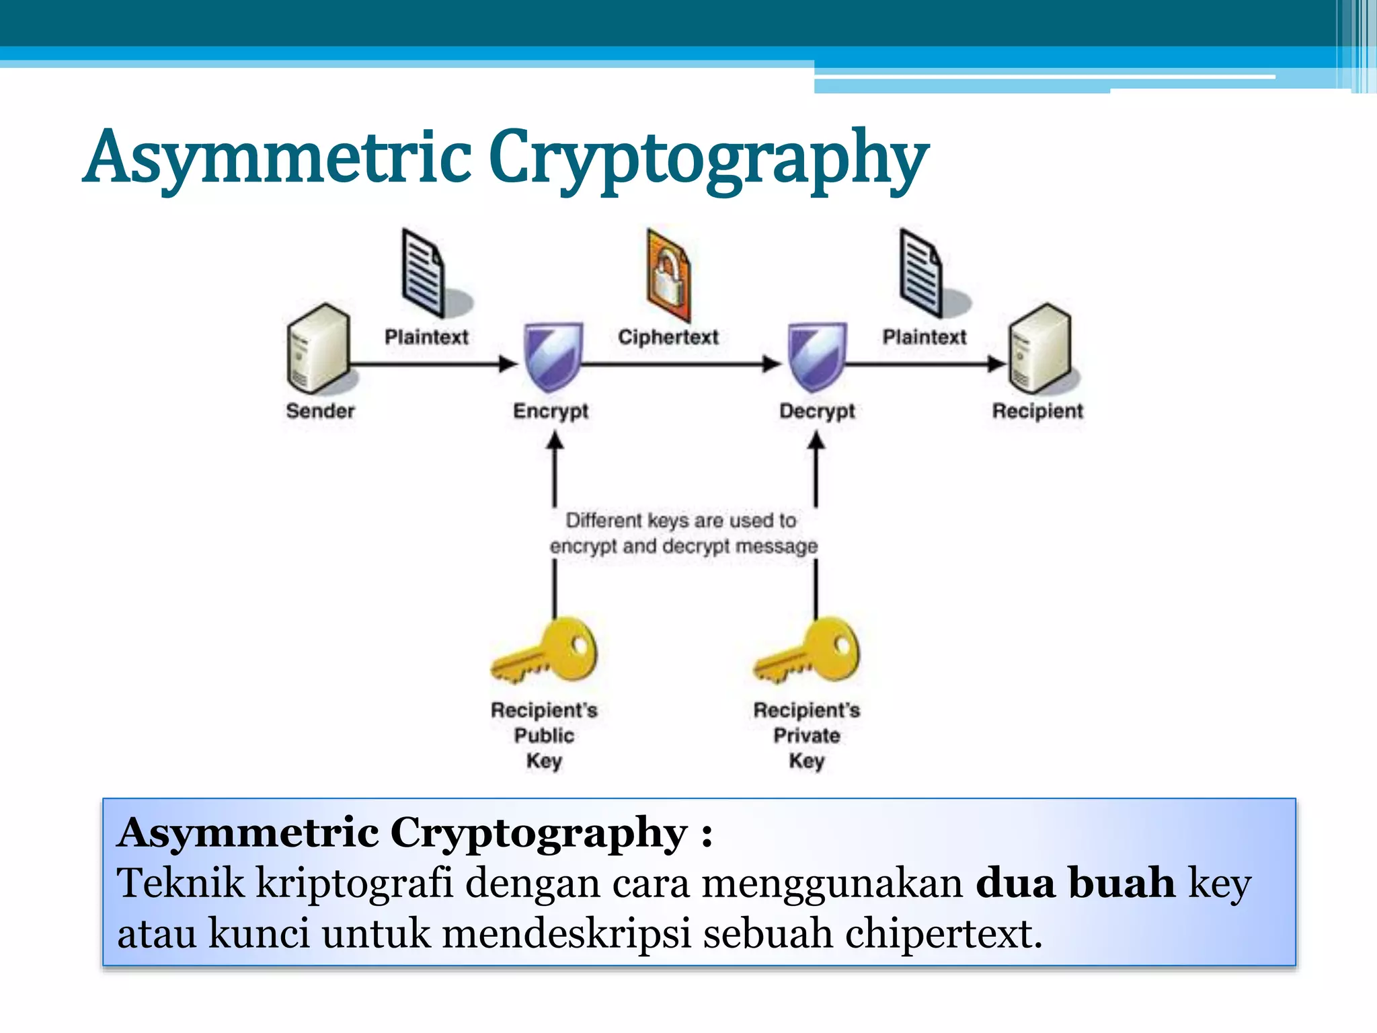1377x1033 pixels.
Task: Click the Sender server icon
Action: coord(317,348)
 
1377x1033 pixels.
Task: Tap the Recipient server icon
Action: coord(1039,348)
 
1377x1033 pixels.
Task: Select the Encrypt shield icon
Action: coord(553,356)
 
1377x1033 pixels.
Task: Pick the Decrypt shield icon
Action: coord(816,356)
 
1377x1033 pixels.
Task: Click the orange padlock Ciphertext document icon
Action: coord(668,276)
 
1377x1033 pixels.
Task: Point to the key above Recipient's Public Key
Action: coord(546,650)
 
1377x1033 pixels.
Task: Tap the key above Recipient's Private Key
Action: coord(808,650)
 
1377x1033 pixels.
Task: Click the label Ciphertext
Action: coord(668,337)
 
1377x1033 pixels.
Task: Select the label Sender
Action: coord(320,411)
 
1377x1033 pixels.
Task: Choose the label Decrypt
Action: coord(817,411)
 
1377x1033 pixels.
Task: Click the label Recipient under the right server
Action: coord(1037,411)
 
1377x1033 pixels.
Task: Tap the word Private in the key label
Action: coord(807,735)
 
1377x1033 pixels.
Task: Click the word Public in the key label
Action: coord(544,735)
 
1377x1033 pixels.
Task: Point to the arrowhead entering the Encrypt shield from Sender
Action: coord(508,365)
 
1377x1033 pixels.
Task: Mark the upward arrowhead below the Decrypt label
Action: coord(816,441)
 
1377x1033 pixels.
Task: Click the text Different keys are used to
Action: coord(680,521)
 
